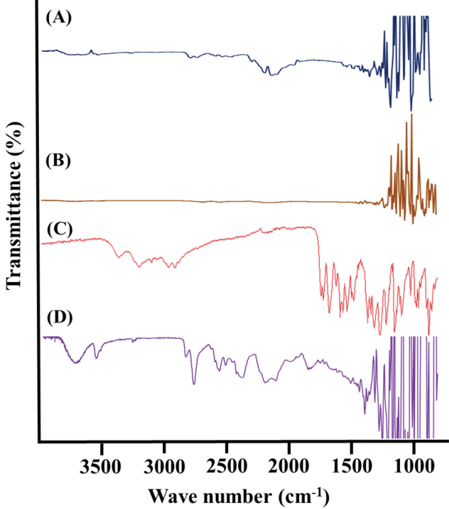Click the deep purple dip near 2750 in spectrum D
click(x=194, y=383)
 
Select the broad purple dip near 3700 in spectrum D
click(x=76, y=363)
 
